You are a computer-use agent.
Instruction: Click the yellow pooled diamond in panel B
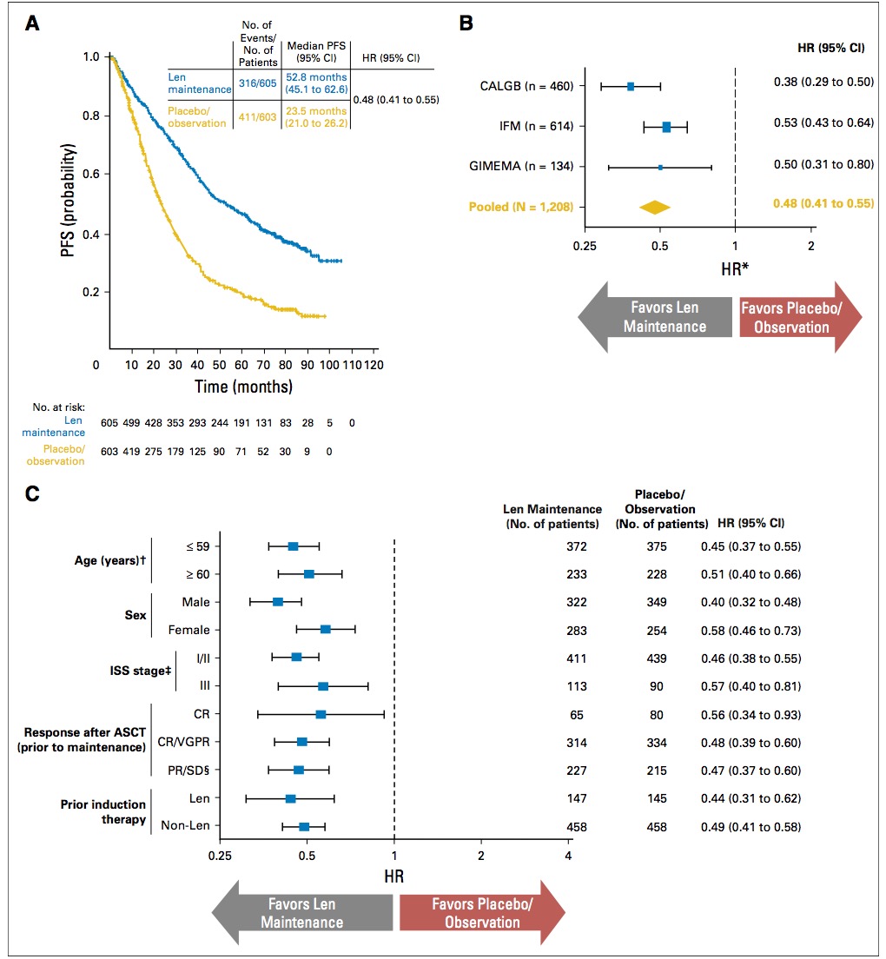point(655,208)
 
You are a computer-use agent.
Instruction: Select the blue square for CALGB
point(631,87)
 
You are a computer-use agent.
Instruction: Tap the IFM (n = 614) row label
point(536,127)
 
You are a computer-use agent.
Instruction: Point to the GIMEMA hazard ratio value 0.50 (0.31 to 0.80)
point(823,164)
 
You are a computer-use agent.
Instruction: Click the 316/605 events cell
point(257,83)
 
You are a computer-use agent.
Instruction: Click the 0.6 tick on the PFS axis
point(91,174)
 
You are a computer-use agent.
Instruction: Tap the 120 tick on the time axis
point(374,365)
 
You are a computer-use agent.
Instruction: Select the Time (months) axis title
point(243,387)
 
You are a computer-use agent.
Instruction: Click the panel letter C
point(32,493)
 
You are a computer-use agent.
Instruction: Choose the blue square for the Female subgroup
point(325,629)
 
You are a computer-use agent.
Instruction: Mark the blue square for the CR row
point(321,714)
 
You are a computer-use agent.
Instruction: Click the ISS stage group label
point(140,671)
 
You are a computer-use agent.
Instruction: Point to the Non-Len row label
point(185,826)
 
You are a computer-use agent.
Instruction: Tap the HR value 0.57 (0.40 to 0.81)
point(750,686)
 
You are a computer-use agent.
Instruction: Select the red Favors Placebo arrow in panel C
point(482,912)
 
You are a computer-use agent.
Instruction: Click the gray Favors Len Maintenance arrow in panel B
point(655,317)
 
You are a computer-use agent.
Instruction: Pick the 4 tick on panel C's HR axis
point(568,856)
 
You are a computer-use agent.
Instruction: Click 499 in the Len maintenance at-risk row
point(131,423)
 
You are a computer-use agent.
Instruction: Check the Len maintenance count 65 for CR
point(577,715)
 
